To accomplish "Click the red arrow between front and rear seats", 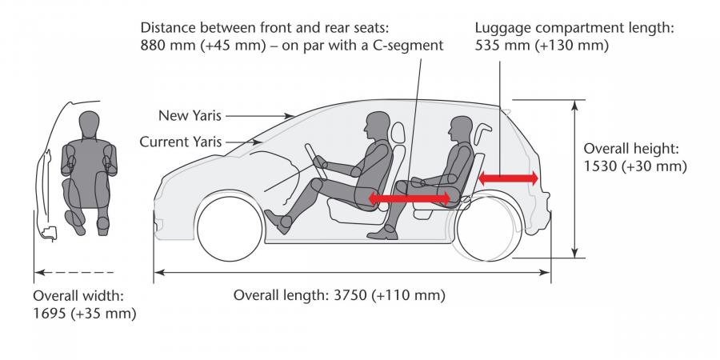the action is pyautogui.click(x=409, y=198).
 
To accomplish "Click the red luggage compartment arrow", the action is pyautogui.click(x=508, y=178).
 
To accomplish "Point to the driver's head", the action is pyautogui.click(x=378, y=126).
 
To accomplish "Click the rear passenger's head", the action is pyautogui.click(x=460, y=130).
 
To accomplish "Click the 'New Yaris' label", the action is pyautogui.click(x=190, y=116).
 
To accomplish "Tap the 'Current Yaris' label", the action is pyautogui.click(x=181, y=142).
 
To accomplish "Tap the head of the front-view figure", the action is pyautogui.click(x=89, y=122).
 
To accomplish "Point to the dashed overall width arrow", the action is pyautogui.click(x=74, y=273).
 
